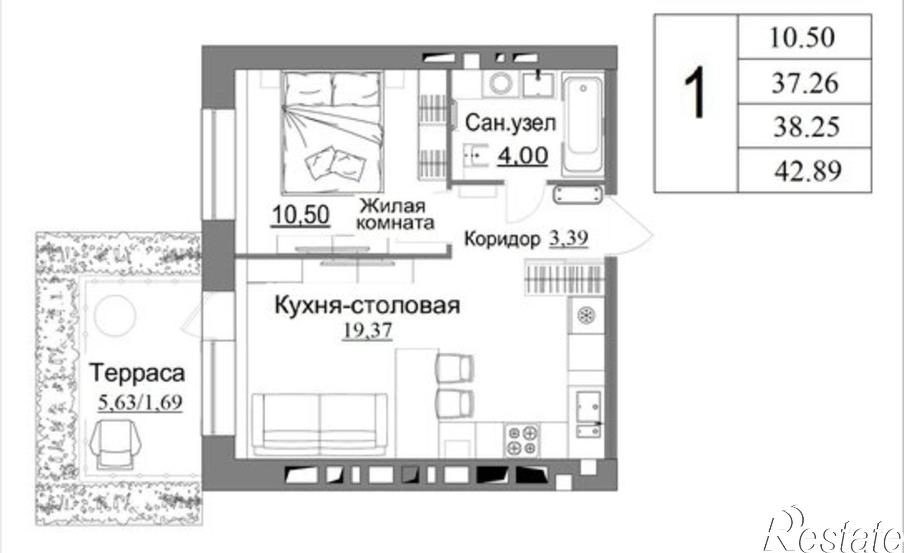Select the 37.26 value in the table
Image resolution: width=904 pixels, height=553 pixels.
[x=805, y=83]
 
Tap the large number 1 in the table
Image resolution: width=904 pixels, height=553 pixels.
[x=695, y=93]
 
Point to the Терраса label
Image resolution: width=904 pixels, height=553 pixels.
[x=138, y=373]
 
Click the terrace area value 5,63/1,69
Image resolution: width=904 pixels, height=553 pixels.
[x=140, y=402]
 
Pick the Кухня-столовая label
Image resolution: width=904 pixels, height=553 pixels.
[x=367, y=306]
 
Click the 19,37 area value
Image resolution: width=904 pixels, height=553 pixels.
[x=367, y=331]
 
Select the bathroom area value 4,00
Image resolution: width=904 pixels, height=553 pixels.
[x=523, y=156]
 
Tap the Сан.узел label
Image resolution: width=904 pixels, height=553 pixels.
[x=510, y=123]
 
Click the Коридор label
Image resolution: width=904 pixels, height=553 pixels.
[x=502, y=239]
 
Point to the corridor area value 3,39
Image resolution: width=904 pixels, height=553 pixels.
[x=569, y=238]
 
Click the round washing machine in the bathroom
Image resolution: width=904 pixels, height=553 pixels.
[x=500, y=84]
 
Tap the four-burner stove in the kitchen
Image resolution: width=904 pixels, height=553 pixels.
[x=522, y=440]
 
